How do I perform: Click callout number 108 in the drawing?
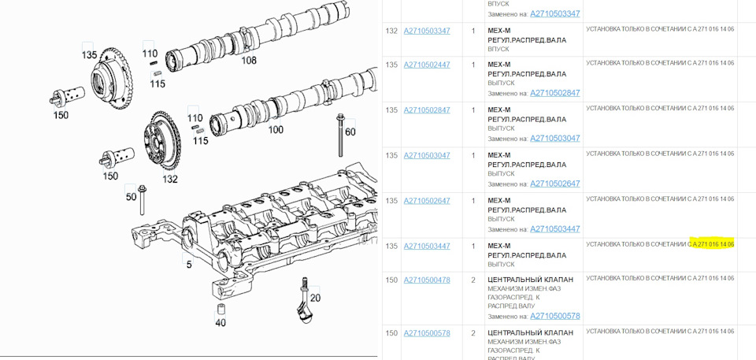coord(249,60)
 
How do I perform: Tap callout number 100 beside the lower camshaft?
coord(276,129)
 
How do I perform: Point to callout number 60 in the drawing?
coord(350,132)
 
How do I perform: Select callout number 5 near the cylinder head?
coord(189,265)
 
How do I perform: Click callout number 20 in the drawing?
coord(315,298)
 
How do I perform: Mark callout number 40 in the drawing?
coord(220,322)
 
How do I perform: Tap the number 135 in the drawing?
coord(89,55)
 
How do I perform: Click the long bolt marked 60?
coord(341,139)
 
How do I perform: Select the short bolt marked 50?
coord(142,202)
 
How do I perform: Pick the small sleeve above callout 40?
coord(220,306)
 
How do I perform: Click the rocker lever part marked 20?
coord(304,303)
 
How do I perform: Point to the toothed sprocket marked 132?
coord(163,142)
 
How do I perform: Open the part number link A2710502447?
coord(427,65)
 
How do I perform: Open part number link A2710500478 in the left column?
coord(427,280)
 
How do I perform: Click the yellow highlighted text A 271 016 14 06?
coord(713,244)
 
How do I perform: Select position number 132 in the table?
coord(391,31)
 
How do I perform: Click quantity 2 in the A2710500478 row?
coord(472,280)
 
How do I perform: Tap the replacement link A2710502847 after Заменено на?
coord(554,93)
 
